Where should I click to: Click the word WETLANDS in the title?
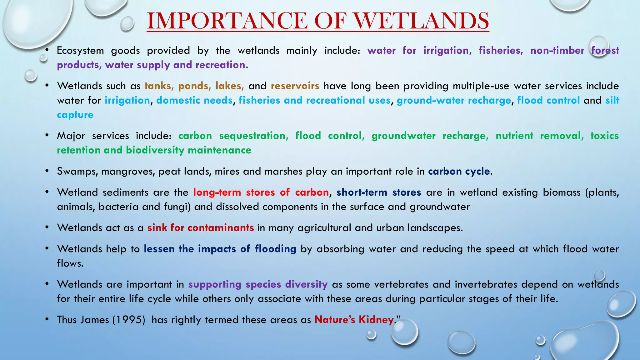421,21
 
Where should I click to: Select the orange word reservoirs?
295,86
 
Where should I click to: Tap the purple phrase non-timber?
557,50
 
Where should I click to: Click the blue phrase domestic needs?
194,100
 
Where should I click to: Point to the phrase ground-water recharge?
454,100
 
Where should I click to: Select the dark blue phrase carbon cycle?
459,171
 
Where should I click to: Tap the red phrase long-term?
217,192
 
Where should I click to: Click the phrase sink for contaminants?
200,228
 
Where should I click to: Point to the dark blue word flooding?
275,249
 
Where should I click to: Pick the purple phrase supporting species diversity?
258,284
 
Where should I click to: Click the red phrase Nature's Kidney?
354,320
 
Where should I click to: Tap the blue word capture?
75,115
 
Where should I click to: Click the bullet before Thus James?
47,319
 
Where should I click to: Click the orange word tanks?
159,86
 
